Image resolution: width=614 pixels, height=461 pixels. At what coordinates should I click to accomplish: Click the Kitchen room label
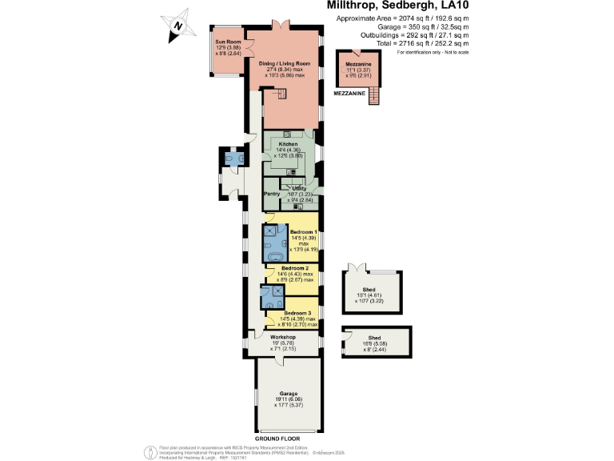tap(289, 145)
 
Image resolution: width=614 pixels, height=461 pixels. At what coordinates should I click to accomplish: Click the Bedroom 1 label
tap(303, 231)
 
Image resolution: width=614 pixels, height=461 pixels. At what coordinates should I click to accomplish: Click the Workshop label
tap(261, 338)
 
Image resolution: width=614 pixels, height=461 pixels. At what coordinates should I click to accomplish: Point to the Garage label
tap(288, 394)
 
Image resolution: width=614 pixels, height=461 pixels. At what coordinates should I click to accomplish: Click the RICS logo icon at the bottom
tap(149, 451)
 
